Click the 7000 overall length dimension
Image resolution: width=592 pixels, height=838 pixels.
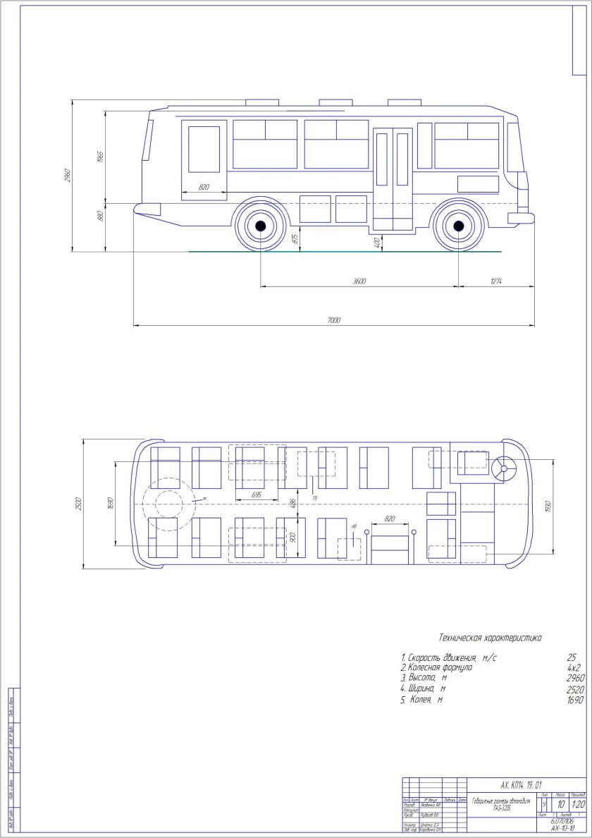(x=333, y=321)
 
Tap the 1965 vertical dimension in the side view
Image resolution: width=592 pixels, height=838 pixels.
(x=101, y=156)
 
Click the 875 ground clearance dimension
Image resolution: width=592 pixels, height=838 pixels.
(x=295, y=239)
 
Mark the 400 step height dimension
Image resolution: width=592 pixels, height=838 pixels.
(x=378, y=242)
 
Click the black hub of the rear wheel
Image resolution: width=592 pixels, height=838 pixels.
(x=260, y=226)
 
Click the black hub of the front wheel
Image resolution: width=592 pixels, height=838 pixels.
(x=459, y=226)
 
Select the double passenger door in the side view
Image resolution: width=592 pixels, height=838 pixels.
(x=393, y=179)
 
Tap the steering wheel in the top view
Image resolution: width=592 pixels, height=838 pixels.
(x=504, y=466)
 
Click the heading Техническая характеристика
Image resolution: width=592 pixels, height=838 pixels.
(x=490, y=638)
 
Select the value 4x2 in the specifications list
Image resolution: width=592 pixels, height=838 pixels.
(x=574, y=667)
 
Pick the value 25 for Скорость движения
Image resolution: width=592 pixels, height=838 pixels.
(x=572, y=657)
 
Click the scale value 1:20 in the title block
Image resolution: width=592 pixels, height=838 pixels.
(x=579, y=803)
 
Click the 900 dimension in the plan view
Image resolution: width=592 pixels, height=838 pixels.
(x=294, y=537)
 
